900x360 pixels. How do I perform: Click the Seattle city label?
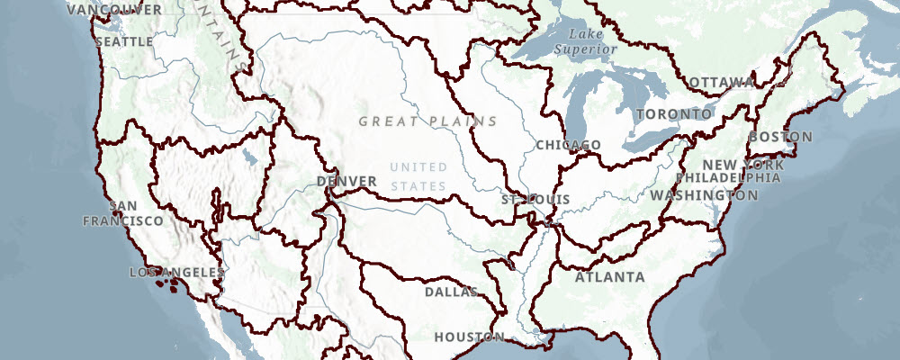[x=123, y=41]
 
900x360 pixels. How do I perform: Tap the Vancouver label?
[x=114, y=9]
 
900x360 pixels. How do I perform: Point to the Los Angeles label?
[x=176, y=272]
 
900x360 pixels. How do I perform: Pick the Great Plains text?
[x=427, y=121]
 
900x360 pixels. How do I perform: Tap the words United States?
[x=418, y=176]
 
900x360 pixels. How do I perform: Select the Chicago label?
[x=567, y=145]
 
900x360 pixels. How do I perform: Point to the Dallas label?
[x=451, y=292]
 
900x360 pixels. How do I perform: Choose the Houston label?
[x=469, y=337]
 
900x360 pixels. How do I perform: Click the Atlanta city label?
[x=610, y=276]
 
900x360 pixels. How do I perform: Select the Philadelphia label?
[x=728, y=177]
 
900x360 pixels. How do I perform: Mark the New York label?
[x=731, y=165]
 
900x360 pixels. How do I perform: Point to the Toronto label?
[x=673, y=114]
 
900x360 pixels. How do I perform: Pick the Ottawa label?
[x=720, y=83]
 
